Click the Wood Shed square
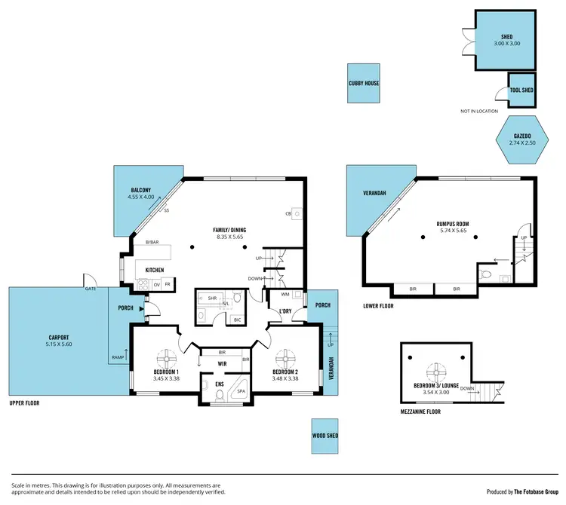click(x=325, y=436)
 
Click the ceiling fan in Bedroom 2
click(x=287, y=357)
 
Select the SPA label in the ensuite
click(x=241, y=393)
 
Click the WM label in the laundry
click(x=286, y=295)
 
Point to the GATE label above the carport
click(x=91, y=288)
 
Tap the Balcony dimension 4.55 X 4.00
click(x=141, y=197)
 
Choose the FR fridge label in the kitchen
click(x=167, y=285)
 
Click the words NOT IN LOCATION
click(x=478, y=111)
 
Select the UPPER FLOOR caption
click(x=24, y=403)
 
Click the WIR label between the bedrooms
click(x=222, y=364)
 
